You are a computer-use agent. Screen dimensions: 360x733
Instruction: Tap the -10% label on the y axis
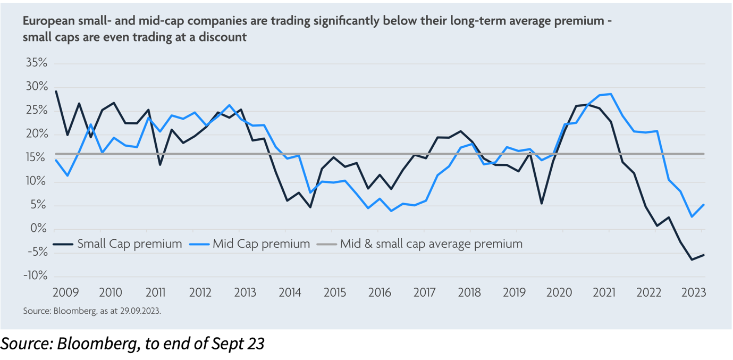(36, 277)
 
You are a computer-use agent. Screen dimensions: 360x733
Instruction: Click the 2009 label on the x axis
(65, 293)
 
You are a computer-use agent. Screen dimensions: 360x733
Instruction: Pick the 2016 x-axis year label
(380, 293)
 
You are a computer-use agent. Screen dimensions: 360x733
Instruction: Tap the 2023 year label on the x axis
(694, 293)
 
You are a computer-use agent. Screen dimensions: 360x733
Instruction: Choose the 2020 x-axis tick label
(559, 293)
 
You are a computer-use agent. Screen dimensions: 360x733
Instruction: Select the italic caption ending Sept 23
(132, 344)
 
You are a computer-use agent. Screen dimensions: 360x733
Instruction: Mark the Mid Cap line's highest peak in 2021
(611, 94)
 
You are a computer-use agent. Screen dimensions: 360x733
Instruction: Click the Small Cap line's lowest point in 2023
(692, 259)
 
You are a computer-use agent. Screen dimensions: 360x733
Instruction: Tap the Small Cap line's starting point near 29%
(56, 91)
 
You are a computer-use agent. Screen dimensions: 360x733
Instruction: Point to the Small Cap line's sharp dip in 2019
(541, 204)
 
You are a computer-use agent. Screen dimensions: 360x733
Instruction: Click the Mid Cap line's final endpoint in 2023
(704, 205)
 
